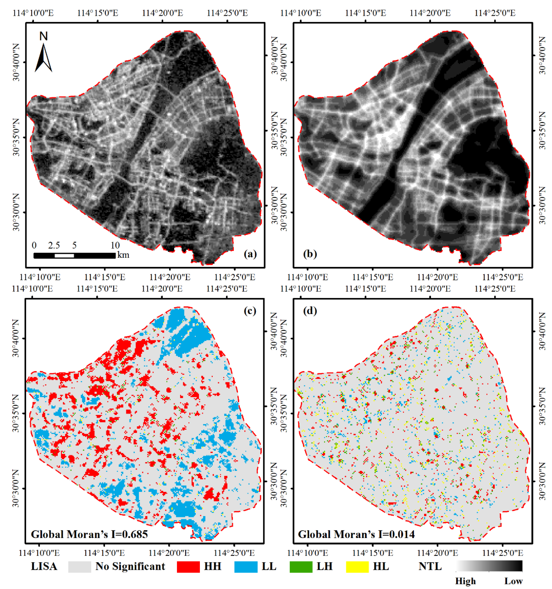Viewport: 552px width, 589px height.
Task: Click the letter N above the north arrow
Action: [44, 36]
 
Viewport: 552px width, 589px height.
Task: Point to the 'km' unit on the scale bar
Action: [123, 255]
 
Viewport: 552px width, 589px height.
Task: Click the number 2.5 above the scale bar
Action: [54, 245]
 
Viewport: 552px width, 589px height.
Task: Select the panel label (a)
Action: [250, 254]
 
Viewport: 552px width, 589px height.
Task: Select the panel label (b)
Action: [310, 254]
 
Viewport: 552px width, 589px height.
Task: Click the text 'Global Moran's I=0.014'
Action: [356, 534]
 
